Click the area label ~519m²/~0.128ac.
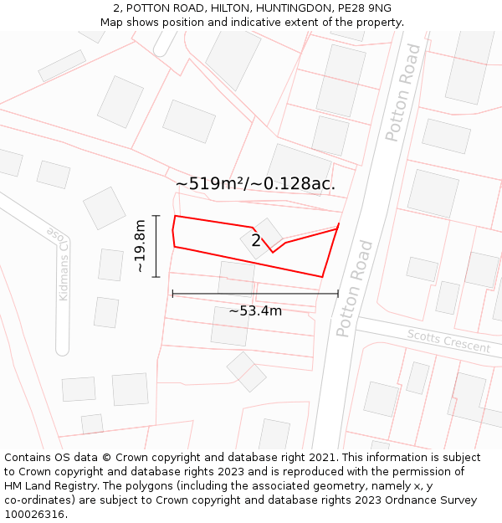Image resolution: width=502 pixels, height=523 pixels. (x=255, y=184)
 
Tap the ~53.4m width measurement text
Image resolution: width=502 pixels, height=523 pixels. (x=255, y=311)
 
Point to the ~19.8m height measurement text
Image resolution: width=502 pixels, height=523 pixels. (x=140, y=246)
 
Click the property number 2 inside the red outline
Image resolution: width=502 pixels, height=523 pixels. (x=256, y=241)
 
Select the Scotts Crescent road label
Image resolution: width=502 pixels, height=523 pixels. (x=448, y=341)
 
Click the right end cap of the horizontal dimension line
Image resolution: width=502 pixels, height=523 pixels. (x=338, y=294)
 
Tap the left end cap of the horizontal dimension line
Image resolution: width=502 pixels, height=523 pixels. (x=172, y=294)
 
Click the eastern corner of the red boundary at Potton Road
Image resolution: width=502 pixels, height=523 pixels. (x=338, y=225)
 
